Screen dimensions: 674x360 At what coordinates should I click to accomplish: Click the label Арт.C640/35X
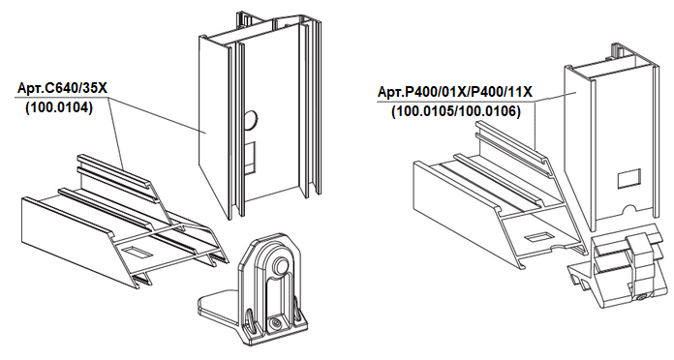pyautogui.click(x=62, y=88)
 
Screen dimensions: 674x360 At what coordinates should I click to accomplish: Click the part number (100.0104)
pyautogui.click(x=59, y=107)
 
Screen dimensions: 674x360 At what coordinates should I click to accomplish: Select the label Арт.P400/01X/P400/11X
pyautogui.click(x=455, y=92)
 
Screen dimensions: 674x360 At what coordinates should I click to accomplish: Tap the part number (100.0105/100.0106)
pyautogui.click(x=456, y=111)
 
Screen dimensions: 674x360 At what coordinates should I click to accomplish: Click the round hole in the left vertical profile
pyautogui.click(x=251, y=120)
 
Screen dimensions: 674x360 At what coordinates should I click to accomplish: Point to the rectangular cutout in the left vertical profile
pyautogui.click(x=250, y=158)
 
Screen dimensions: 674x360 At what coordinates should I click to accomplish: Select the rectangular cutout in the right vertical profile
pyautogui.click(x=628, y=179)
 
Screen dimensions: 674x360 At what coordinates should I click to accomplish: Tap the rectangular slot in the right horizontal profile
pyautogui.click(x=536, y=236)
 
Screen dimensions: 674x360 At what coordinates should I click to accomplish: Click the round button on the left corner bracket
pyautogui.click(x=281, y=265)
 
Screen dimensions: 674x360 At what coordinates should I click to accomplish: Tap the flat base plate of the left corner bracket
pyautogui.click(x=217, y=307)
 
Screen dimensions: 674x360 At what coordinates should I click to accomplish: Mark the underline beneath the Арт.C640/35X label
pyautogui.click(x=62, y=97)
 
